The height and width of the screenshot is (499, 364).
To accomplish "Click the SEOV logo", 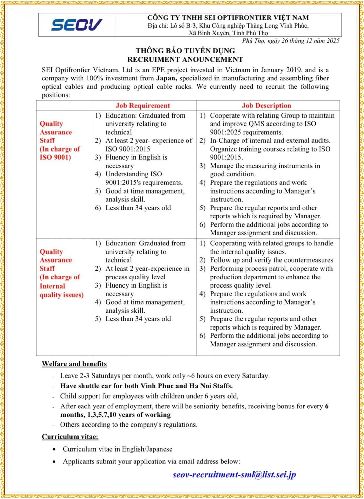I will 77,25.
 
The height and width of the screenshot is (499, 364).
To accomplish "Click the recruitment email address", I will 234,475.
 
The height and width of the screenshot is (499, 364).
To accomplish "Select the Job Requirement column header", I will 143,106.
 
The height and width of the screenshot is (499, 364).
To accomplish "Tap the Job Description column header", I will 266,106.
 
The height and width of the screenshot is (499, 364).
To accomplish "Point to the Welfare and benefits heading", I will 74,364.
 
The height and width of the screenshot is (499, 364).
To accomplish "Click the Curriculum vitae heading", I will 70,437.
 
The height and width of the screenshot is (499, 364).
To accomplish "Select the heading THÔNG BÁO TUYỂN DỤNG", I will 185,51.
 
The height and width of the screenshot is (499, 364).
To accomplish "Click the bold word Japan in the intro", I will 166,78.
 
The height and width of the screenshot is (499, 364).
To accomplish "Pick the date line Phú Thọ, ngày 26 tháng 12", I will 291,41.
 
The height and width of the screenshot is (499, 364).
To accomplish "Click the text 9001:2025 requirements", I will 246,132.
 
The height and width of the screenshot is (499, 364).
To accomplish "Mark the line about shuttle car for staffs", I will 146,386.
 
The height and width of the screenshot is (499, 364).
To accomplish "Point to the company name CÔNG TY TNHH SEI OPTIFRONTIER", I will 228,18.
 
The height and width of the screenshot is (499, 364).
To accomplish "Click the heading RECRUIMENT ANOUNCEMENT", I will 185,60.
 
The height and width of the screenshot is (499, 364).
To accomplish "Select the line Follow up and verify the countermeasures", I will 271,260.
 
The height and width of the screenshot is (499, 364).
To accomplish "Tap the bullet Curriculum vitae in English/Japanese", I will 118,449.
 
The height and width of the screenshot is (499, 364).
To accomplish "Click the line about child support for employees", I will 149,396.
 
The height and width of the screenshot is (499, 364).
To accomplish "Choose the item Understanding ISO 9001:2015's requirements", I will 144,178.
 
